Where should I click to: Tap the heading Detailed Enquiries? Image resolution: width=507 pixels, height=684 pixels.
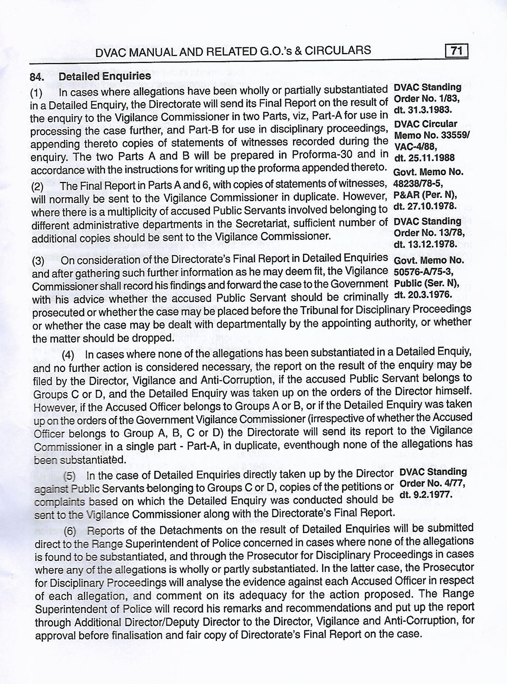tap(105, 77)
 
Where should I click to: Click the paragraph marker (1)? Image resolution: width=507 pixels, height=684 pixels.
tap(37, 93)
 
